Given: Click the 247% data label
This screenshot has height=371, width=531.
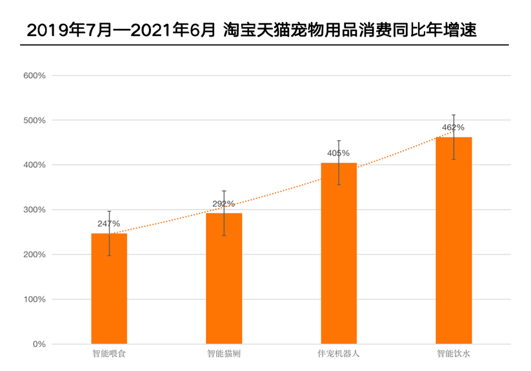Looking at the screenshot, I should point(109,223).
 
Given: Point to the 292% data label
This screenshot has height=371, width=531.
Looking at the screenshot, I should point(223,204).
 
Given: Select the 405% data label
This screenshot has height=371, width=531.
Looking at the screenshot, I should point(338,153).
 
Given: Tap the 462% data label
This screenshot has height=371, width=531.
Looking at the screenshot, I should point(453,127).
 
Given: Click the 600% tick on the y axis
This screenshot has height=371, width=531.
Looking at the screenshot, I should point(34,75).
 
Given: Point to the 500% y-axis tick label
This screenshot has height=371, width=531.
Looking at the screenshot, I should point(34,120).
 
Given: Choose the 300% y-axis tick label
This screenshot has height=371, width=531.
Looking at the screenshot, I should point(34,210).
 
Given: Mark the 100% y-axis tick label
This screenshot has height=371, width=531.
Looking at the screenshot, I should point(34,299).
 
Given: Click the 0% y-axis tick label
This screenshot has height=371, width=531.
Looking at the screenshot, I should point(38,344).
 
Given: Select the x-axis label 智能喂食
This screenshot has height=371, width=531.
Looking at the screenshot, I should point(109,354).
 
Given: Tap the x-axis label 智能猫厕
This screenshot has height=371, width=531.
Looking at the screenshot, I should point(224,354).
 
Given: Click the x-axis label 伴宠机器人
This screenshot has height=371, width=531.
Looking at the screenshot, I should point(339,354).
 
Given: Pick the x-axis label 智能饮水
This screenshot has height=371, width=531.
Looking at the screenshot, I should point(454,354).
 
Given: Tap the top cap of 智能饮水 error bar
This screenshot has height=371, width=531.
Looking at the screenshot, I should point(454,115).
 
